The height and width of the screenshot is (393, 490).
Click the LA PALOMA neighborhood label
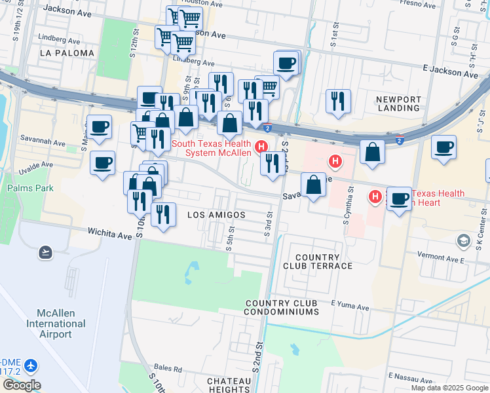67,52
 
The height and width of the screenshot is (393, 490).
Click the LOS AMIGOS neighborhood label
216,215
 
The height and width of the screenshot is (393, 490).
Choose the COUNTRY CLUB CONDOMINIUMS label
282,308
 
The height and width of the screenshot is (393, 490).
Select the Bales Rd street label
168,369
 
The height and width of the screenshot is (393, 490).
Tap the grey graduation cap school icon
464,241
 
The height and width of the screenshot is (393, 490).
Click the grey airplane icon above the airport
45,252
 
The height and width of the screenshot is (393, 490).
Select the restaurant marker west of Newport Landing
337,101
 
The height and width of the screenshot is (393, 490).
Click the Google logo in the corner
21,385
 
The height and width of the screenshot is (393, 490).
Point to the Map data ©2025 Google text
449,388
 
